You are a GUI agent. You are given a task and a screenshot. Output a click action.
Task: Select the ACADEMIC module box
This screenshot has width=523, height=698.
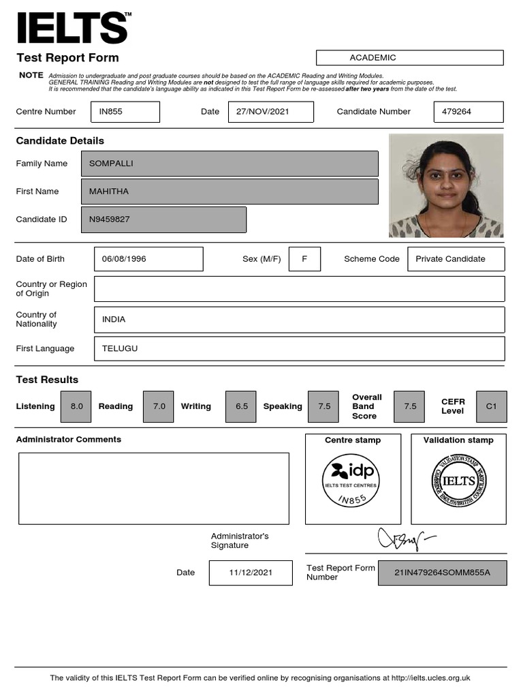409,58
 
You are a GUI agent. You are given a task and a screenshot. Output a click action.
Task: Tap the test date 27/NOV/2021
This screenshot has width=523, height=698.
270,112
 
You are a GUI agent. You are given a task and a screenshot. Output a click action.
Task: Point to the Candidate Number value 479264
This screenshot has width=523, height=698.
468,112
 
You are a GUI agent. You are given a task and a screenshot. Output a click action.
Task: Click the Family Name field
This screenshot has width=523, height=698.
229,164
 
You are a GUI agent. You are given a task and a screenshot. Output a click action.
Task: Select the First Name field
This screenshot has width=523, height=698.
229,192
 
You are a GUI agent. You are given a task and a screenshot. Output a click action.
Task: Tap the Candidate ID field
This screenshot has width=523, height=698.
163,219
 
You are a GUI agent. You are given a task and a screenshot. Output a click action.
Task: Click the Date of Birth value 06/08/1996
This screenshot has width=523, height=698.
148,259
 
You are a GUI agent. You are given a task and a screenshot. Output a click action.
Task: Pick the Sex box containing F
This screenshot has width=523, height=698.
304,259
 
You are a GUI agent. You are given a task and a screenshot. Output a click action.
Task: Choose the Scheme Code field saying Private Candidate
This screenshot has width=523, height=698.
456,259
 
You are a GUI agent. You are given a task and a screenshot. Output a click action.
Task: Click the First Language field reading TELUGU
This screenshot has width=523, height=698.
300,348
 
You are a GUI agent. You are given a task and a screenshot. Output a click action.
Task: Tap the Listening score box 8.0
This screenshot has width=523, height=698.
76,406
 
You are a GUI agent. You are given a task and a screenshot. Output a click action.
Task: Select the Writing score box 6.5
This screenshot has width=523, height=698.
242,406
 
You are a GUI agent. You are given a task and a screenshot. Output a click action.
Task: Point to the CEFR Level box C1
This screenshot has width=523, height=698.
491,406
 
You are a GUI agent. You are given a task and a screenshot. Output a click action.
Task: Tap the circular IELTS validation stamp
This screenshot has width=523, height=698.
458,481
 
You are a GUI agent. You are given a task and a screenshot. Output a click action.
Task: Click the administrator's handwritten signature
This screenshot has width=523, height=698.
406,539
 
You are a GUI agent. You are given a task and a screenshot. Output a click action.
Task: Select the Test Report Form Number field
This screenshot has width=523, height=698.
442,573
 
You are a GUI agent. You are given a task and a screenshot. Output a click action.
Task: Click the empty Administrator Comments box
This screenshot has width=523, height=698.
154,488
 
